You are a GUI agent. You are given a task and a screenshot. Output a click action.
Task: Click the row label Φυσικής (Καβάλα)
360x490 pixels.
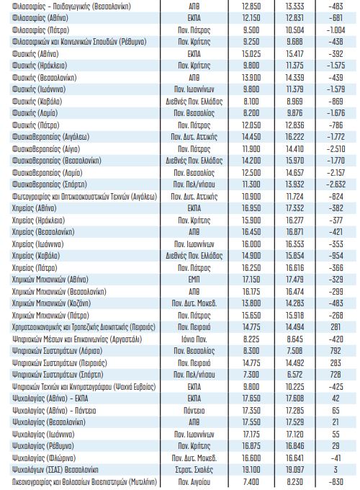(37, 102)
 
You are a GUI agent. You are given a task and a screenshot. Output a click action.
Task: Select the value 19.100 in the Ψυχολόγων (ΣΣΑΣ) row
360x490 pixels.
(251, 470)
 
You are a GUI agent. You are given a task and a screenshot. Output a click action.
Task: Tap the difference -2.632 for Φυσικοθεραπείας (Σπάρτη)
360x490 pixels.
(336, 184)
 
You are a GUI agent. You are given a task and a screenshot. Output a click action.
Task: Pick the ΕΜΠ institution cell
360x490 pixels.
(194, 280)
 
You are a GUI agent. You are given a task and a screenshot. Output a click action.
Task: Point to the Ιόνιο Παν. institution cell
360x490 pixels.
(194, 339)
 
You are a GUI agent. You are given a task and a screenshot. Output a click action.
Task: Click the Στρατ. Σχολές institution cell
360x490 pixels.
(194, 470)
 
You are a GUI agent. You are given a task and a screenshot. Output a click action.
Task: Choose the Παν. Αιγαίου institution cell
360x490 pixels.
(194, 482)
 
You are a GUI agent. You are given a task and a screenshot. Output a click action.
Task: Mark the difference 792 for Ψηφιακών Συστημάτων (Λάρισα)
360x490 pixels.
(336, 351)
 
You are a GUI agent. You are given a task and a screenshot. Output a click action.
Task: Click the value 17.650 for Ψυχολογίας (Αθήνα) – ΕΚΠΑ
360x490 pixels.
(251, 398)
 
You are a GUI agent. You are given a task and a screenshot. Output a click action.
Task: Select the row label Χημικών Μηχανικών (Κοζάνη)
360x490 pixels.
(51, 303)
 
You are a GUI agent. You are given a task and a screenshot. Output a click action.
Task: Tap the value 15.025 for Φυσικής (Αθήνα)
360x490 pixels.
(251, 54)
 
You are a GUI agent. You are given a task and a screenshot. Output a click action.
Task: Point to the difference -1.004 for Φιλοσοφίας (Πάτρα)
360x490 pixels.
(336, 30)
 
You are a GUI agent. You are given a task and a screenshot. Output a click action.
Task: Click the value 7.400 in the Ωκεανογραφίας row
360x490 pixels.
(251, 482)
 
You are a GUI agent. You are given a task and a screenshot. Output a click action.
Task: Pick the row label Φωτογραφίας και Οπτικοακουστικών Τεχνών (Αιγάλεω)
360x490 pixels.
(85, 197)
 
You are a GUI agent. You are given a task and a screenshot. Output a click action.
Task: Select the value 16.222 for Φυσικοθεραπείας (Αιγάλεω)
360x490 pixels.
(294, 137)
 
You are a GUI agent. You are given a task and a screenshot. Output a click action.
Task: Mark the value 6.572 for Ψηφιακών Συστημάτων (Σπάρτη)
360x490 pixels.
(294, 375)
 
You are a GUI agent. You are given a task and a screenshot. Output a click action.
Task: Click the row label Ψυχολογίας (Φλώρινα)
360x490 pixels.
(44, 458)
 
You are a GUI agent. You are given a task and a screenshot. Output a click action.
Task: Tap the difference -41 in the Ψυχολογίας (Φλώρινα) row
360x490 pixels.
(336, 458)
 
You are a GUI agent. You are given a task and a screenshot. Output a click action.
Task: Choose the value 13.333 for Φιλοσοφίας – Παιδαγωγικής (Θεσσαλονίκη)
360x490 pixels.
(294, 6)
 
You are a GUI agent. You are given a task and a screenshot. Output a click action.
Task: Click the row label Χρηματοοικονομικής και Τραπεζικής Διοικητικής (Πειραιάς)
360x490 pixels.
(84, 327)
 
